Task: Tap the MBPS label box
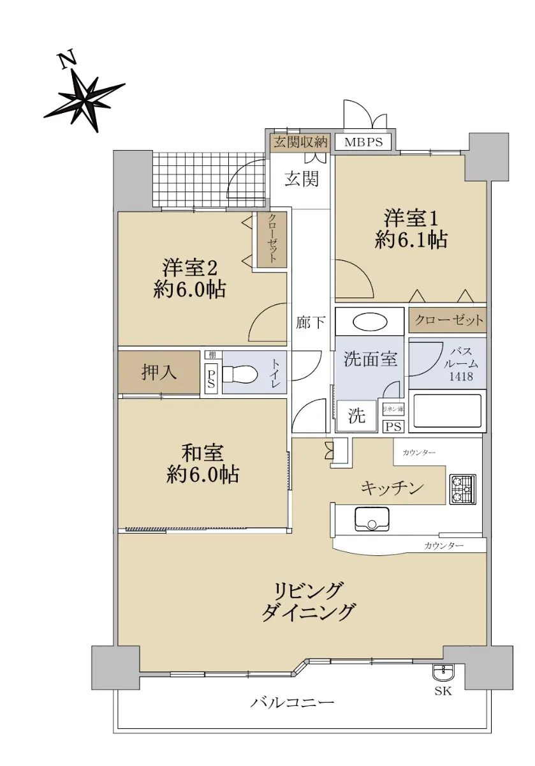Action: point(363,142)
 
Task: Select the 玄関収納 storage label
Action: point(301,142)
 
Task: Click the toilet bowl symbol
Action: point(240,375)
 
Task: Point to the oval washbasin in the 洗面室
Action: point(370,322)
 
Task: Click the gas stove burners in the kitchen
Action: point(462,490)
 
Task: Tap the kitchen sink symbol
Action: point(372,519)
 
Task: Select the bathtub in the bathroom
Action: point(447,411)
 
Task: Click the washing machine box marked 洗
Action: point(356,416)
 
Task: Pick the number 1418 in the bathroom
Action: point(461,377)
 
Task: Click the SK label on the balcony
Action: point(443,691)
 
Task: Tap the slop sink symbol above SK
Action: point(443,672)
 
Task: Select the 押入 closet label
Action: point(159,372)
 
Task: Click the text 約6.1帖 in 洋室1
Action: point(411,240)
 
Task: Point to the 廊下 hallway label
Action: point(311,322)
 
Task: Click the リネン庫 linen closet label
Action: point(393,409)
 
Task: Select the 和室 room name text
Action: point(202,453)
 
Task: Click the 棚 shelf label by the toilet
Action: point(212,355)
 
